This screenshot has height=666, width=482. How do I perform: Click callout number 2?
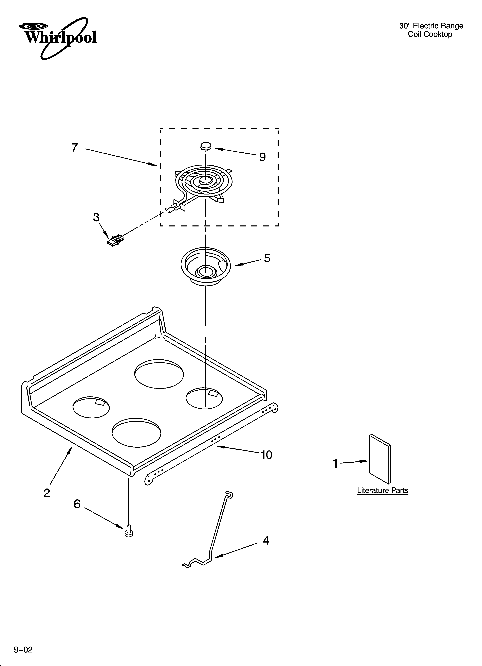coord(47,493)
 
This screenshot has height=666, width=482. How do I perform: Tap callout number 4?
coord(266,541)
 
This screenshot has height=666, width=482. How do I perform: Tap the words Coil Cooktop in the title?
coord(430,34)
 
